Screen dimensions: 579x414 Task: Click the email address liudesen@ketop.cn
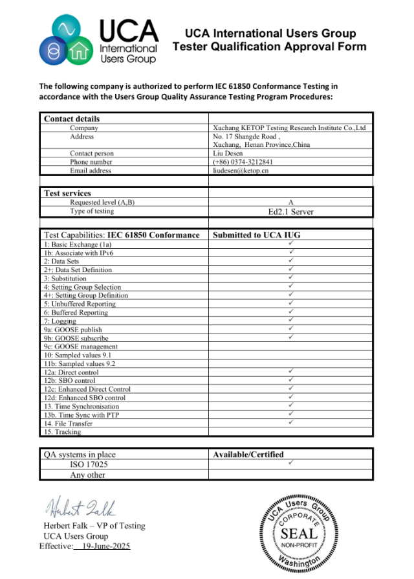tap(240, 171)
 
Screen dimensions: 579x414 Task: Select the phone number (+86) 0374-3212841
tap(243, 162)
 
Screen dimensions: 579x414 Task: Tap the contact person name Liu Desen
tap(228, 153)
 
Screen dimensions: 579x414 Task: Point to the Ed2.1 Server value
tap(290, 211)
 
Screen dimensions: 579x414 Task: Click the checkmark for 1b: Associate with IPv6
tap(291, 252)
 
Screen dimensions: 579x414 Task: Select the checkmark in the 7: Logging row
tap(291, 320)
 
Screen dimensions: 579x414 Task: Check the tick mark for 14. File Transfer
tap(291, 422)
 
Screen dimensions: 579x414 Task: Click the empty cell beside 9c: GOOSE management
tap(291, 346)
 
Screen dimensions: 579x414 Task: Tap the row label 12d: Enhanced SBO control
tap(85, 398)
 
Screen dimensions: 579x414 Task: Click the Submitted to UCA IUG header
tap(257, 235)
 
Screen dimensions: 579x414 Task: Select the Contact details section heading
tap(72, 119)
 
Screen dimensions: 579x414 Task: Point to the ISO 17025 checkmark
tap(291, 463)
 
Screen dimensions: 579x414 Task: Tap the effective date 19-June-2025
tap(103, 546)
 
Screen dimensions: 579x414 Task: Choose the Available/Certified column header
tap(248, 454)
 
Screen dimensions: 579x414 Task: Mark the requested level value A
tap(290, 202)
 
